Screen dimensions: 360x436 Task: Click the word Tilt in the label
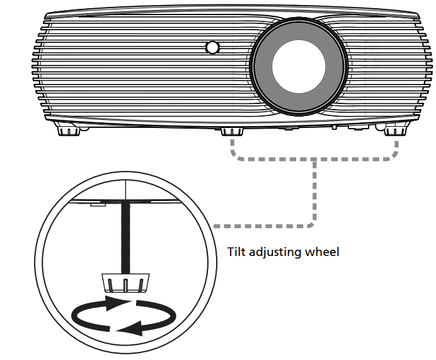(236, 252)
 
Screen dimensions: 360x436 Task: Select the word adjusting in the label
(275, 253)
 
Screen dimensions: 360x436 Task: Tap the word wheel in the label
(323, 252)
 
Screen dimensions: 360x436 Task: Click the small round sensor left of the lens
(212, 47)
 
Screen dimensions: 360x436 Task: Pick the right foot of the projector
(394, 128)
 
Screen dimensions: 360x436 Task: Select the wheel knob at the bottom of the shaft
(125, 281)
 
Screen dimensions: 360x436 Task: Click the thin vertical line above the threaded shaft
(125, 189)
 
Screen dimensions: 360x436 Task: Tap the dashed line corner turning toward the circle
(314, 224)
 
